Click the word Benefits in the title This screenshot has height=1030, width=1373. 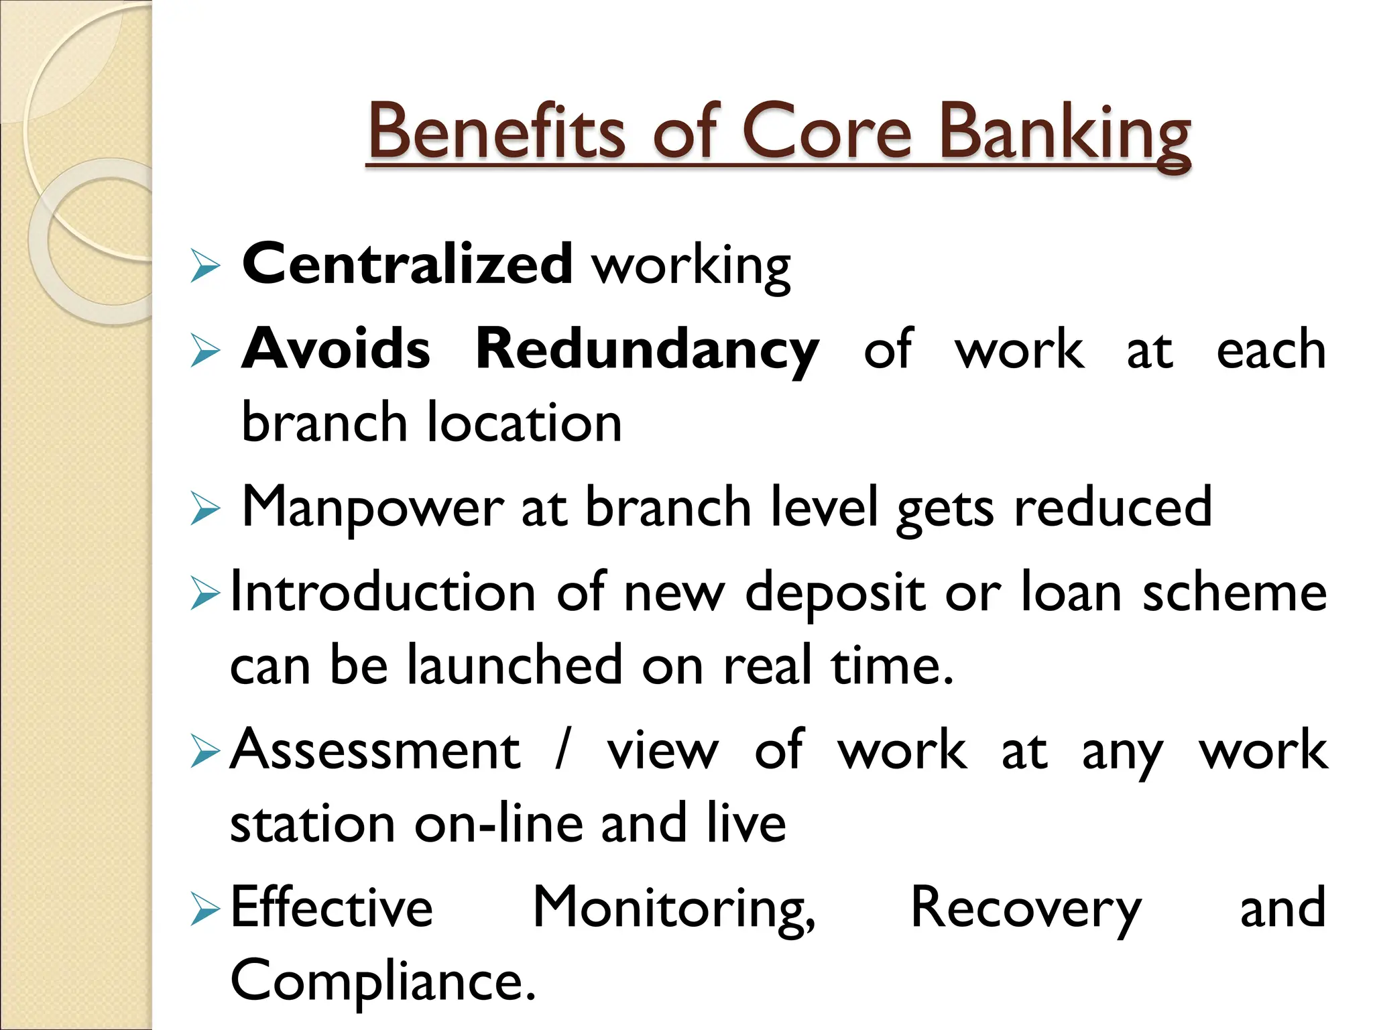496,132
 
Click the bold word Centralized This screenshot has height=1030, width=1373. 407,264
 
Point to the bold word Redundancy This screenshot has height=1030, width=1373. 647,349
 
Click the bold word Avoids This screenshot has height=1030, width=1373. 336,349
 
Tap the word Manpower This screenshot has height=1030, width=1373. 372,508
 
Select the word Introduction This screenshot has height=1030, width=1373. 382,592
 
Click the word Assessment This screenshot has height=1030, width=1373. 375,750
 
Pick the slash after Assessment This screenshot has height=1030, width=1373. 562,750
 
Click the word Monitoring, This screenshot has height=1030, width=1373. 674,909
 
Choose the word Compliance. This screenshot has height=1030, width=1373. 382,981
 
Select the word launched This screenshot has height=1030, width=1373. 515,665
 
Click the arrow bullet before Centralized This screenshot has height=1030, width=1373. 204,266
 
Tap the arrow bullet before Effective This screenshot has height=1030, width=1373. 204,909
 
